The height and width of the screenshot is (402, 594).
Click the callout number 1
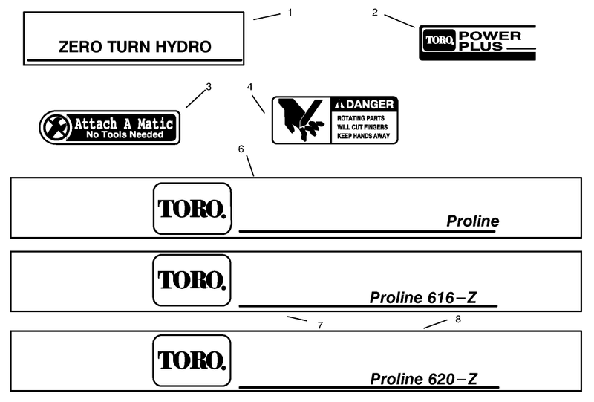pos(290,13)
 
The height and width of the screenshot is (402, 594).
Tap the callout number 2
pos(375,13)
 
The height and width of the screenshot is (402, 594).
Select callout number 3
pos(209,87)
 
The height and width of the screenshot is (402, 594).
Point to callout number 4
pos(249,87)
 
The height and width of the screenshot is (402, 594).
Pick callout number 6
pos(241,149)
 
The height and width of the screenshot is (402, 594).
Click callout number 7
pos(320,325)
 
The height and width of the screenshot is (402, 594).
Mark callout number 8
pos(458,320)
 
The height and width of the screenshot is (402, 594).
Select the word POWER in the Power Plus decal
pos(490,36)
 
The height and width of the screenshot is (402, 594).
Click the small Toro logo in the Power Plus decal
pos(439,40)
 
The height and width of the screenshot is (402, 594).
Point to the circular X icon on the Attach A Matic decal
pos(56,127)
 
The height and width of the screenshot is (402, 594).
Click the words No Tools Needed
pos(125,134)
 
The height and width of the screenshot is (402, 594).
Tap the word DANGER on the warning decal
pos(370,104)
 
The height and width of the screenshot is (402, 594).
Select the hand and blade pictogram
pos(301,120)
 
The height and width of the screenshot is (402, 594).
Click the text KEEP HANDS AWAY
pos(363,136)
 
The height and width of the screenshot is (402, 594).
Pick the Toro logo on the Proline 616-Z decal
pos(192,280)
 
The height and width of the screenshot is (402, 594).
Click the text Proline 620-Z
pos(423,379)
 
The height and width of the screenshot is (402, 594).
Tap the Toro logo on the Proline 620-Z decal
pos(192,360)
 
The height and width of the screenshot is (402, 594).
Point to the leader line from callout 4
pos(258,104)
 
